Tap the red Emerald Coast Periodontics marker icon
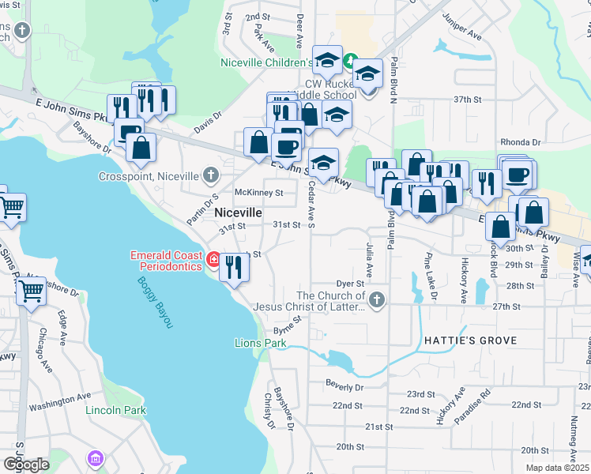pyautogui.click(x=213, y=259)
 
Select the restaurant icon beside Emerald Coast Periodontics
pyautogui.click(x=233, y=267)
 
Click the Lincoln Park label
pyautogui.click(x=116, y=410)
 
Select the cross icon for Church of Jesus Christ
pyautogui.click(x=377, y=299)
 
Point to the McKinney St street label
pyautogui.click(x=258, y=193)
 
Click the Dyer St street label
pyautogui.click(x=349, y=283)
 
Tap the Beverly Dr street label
pyautogui.click(x=344, y=387)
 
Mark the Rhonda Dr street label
pyautogui.click(x=525, y=142)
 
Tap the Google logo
pyautogui.click(x=26, y=465)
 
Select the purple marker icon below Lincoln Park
pyautogui.click(x=96, y=458)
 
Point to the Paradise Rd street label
pyautogui.click(x=474, y=403)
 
